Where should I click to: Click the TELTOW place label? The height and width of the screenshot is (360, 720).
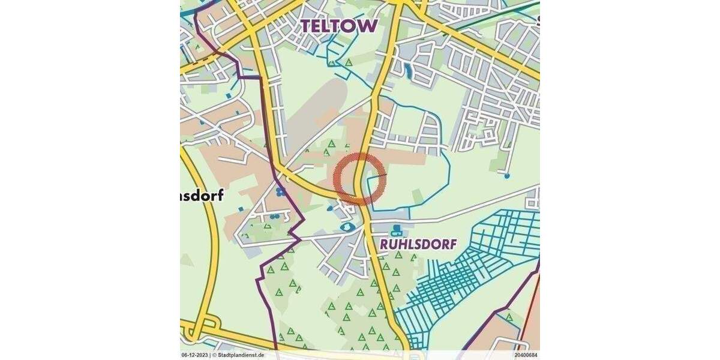339,25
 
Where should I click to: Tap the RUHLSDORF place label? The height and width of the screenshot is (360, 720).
418,244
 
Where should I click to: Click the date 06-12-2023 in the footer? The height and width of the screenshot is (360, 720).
195,355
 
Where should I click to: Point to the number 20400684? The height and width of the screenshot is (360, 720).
526,355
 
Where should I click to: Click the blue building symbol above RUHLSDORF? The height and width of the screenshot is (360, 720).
396,230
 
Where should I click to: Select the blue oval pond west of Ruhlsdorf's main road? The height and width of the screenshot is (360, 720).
346,227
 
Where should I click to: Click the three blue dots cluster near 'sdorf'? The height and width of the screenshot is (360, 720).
280,191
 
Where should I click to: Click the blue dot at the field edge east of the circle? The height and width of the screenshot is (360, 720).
507,176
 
